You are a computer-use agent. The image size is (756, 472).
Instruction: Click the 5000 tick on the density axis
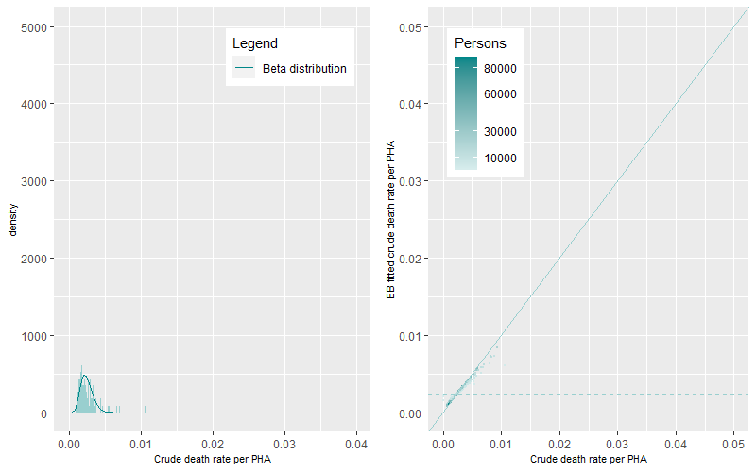click(39, 26)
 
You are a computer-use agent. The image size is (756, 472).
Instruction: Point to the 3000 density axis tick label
click(39, 181)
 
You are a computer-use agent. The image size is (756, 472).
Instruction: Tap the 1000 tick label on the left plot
click(39, 336)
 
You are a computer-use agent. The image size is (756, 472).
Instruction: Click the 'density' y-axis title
click(13, 228)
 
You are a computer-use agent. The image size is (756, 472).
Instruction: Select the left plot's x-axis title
click(212, 459)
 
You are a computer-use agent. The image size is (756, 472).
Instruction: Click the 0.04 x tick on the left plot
click(356, 442)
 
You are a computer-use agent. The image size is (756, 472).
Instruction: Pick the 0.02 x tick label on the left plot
click(213, 442)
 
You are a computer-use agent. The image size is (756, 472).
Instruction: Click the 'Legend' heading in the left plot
click(254, 43)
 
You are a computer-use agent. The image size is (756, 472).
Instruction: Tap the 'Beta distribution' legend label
click(304, 69)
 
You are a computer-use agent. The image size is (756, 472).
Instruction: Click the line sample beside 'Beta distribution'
click(245, 69)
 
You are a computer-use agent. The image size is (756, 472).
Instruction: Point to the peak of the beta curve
click(84, 376)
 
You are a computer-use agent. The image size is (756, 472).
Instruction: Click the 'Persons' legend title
click(480, 43)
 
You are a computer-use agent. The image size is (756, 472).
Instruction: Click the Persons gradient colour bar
click(465, 113)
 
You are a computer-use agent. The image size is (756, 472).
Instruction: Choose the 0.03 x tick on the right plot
click(617, 442)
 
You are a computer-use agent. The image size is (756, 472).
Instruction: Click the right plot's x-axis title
click(589, 459)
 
